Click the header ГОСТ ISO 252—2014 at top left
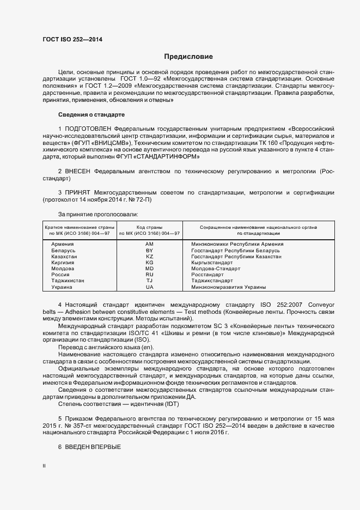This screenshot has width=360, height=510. point(72,39)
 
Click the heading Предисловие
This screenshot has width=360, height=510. point(188,57)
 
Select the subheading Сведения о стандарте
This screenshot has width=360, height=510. point(91,114)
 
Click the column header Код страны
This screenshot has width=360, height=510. point(149,227)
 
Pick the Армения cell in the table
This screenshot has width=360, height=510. point(63,244)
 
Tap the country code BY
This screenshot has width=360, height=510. point(149,250)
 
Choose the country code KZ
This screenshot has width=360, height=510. point(149,256)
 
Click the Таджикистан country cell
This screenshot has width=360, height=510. point(68,281)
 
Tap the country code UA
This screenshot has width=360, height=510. point(149,287)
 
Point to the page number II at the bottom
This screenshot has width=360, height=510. point(44,466)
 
